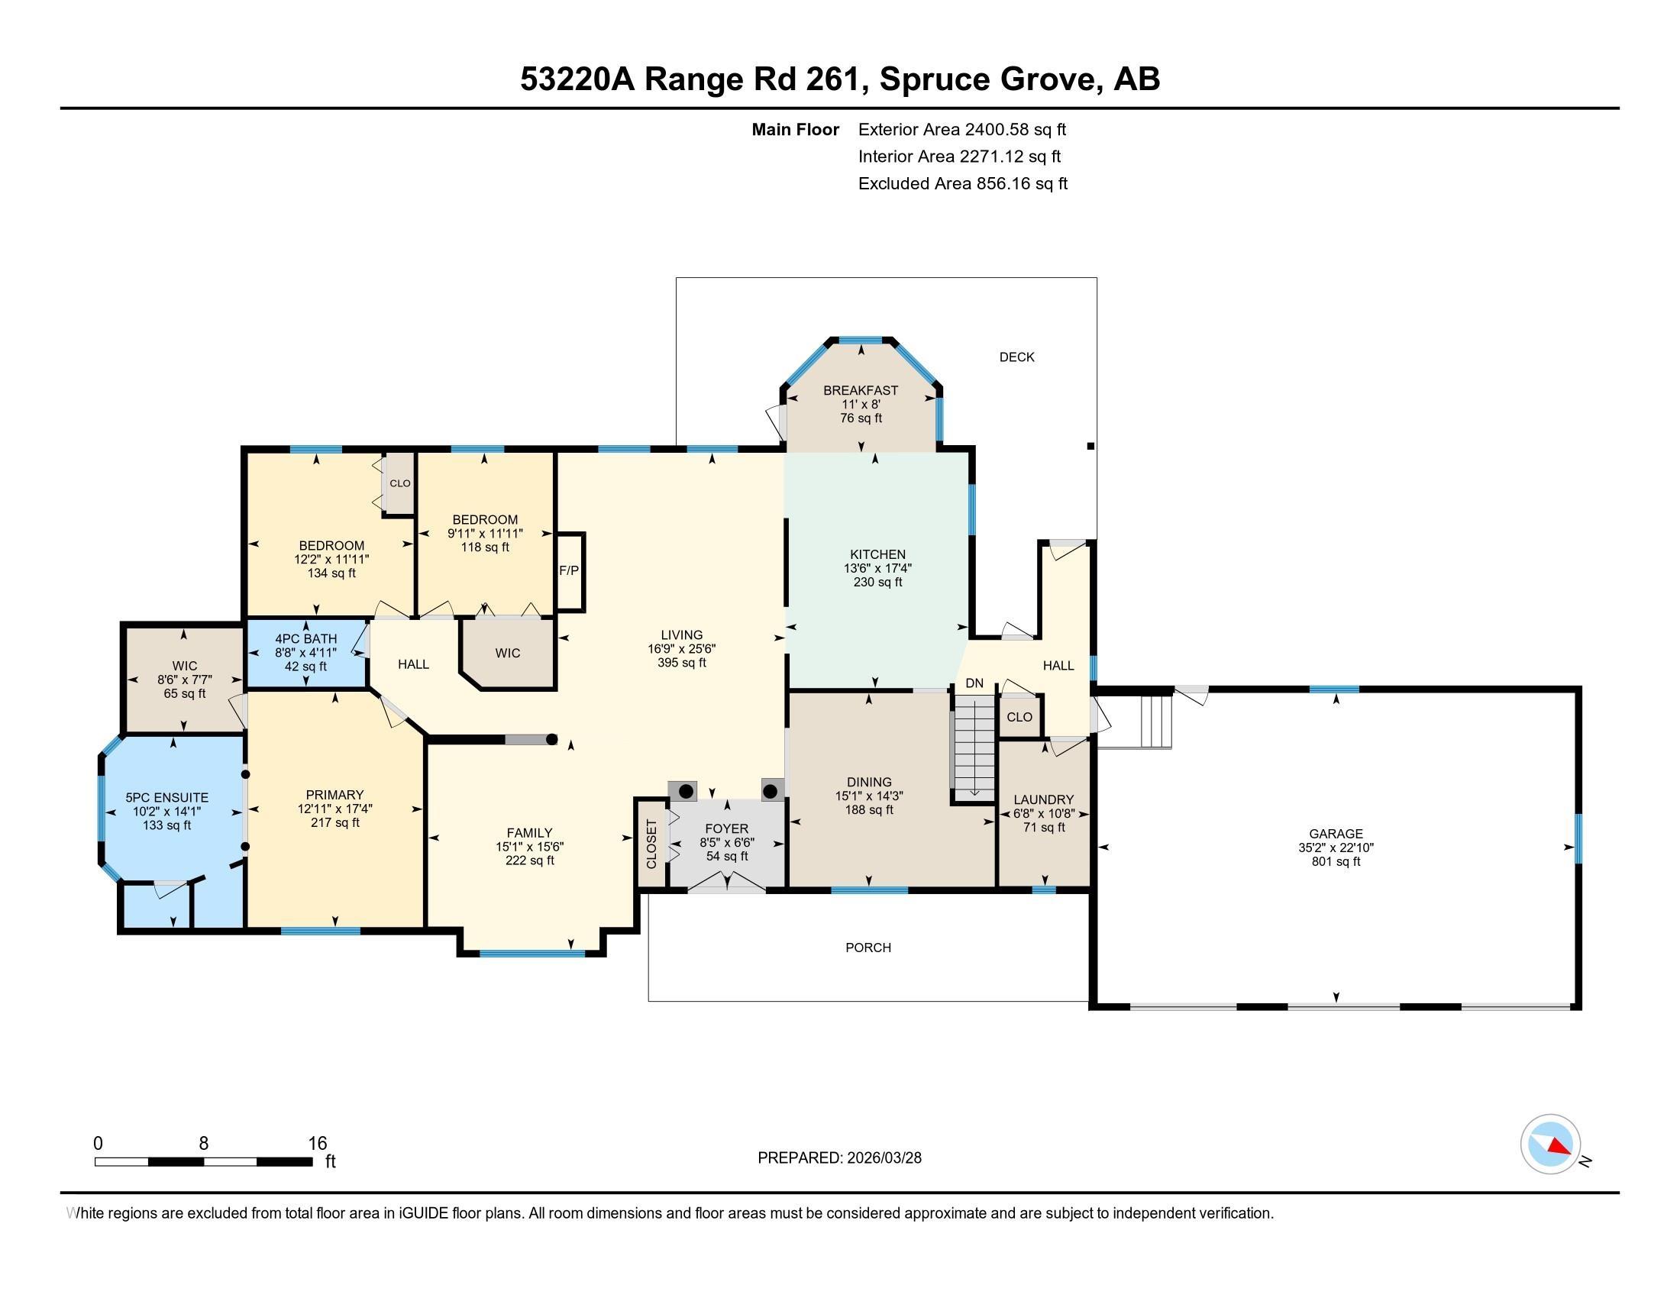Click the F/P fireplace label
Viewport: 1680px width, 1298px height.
pos(569,570)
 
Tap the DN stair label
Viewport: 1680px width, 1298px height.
pos(974,683)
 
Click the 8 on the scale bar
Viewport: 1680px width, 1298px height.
pos(203,1144)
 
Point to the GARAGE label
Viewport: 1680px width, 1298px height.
pos(1336,833)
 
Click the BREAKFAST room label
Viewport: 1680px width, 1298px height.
pos(861,390)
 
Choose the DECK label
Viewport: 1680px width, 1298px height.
pos(1017,357)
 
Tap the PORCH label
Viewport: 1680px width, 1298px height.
pos(868,948)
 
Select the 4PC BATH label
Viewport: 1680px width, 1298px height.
pos(306,638)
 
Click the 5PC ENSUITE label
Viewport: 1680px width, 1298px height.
pos(167,797)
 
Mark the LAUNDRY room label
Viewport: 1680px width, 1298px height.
pos(1044,799)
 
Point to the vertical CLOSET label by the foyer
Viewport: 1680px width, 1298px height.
pos(651,844)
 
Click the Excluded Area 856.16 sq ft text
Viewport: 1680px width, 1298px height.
pos(963,183)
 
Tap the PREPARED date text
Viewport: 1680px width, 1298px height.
pos(839,1158)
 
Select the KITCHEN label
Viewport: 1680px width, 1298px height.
pos(877,554)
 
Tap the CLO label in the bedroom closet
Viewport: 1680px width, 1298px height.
pos(400,483)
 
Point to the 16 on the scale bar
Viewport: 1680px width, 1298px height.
pos(318,1144)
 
